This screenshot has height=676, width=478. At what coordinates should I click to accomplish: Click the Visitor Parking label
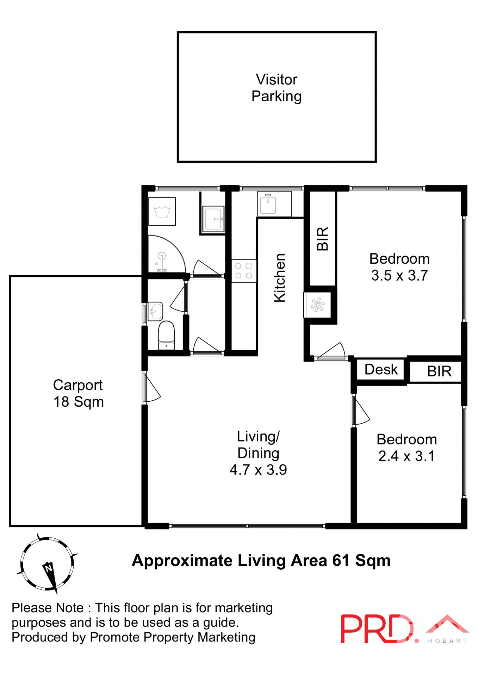point(277,88)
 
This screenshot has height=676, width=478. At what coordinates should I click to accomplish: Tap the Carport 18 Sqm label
point(78,393)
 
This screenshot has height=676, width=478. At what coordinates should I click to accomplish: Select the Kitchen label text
point(280,278)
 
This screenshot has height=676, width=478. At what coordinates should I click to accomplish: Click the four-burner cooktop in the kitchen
point(244,271)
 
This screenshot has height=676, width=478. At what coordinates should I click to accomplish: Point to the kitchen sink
point(268,204)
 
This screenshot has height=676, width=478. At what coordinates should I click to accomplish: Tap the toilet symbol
point(166,335)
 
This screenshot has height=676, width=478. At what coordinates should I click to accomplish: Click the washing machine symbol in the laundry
point(162,211)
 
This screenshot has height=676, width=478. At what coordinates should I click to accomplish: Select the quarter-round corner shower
point(164,255)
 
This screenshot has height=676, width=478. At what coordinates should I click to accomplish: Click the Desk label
point(381,369)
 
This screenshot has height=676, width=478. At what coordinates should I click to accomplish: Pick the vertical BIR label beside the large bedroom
point(323,238)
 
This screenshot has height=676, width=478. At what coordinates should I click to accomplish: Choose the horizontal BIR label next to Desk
point(439,371)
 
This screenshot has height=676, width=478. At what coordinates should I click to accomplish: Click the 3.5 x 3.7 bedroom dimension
point(399,275)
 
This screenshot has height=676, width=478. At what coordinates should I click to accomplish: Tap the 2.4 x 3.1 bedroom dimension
point(406,456)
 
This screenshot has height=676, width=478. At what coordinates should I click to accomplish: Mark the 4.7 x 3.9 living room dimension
point(258,470)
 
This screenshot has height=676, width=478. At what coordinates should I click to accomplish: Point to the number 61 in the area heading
point(341,561)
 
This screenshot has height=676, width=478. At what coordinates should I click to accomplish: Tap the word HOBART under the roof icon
point(447,641)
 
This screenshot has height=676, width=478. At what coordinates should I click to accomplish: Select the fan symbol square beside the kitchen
point(317,305)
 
